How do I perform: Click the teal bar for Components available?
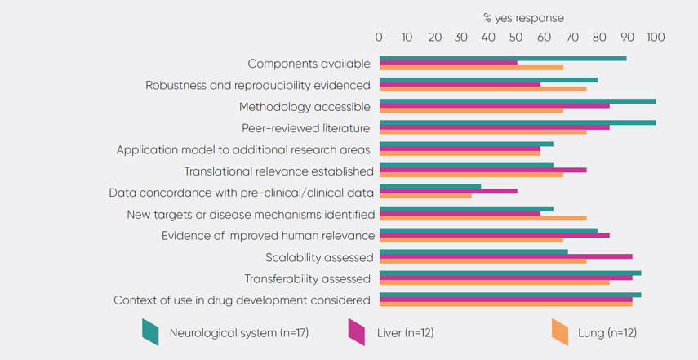502,58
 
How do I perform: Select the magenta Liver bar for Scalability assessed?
505,256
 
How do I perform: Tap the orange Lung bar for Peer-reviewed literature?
482,131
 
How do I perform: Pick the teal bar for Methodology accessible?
517,101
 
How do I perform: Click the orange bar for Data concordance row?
425,196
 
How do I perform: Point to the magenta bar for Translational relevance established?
482,170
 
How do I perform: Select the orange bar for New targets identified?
482,218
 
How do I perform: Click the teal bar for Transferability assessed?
510,273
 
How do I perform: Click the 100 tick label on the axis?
655,37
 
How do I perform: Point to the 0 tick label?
379,37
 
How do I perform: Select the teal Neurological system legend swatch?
150,331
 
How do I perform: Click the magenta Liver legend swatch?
356,331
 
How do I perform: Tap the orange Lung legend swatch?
560,331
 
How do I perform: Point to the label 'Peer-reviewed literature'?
306,128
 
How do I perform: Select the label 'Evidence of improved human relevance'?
269,236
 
